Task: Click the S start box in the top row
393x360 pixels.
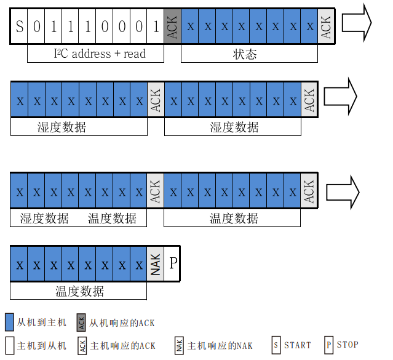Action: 19,26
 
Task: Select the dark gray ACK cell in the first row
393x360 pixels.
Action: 173,26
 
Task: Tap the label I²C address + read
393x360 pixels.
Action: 97,54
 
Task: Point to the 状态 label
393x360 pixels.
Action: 245,54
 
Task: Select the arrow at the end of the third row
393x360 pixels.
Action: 342,191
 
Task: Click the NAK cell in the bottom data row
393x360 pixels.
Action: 155,265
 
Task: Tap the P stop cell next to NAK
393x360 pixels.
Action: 173,263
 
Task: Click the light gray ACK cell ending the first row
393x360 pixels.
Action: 327,26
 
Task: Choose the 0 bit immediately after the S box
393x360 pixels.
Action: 36,26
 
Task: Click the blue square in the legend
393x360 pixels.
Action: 9,322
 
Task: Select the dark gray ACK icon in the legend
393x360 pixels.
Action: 81,322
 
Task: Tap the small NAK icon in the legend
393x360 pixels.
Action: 180,345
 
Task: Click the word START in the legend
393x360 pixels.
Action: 297,345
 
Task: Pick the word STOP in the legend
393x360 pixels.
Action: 347,345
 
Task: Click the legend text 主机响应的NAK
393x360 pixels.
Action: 220,345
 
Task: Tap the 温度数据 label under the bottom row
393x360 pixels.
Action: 79,291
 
